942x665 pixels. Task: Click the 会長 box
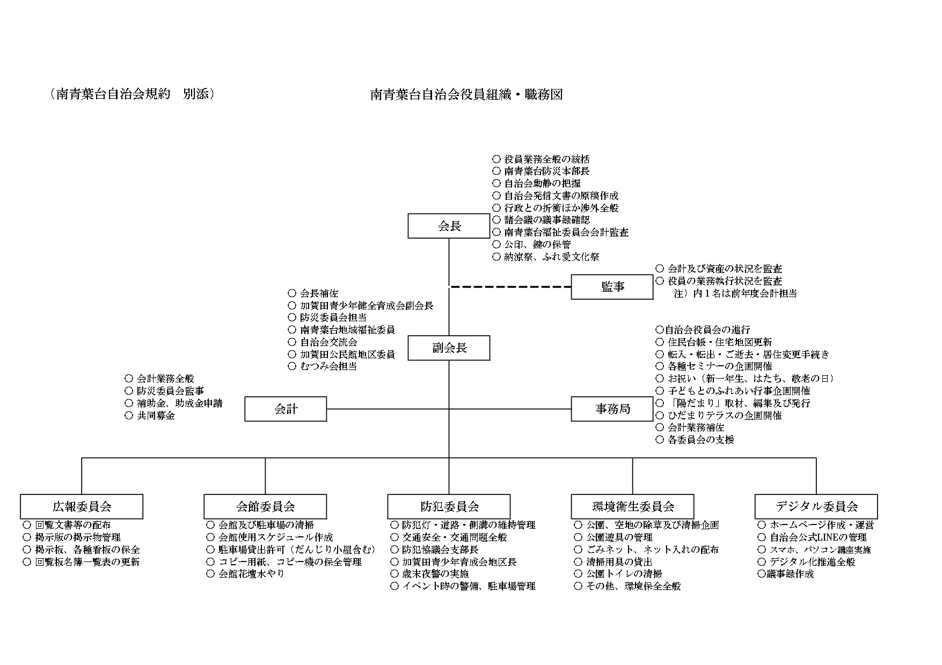449,226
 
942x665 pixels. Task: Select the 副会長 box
449,348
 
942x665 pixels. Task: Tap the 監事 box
612,287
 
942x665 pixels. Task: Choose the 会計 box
286,409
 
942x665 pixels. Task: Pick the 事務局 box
612,409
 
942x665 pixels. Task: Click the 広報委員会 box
82,506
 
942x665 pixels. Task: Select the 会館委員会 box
265,506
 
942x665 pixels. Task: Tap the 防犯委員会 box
449,506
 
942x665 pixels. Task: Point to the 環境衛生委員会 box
632,506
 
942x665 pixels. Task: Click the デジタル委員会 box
816,506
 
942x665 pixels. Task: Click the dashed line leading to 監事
510,287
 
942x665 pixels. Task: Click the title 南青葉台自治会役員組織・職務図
466,95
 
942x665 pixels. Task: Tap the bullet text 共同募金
156,415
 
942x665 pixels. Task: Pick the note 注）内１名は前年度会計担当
735,293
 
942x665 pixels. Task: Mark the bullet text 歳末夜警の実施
435,574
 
